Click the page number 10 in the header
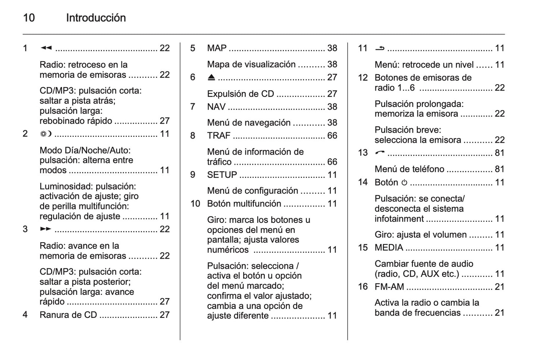pos(29,18)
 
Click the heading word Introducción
pos(96,18)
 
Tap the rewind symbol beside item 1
pos(46,48)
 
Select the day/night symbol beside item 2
pos(46,134)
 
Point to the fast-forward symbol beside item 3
pos(46,229)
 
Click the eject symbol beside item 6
pos(211,78)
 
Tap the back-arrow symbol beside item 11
pos(380,48)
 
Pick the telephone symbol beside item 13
pos(380,153)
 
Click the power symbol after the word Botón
pos(404,183)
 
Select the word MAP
pos(217,48)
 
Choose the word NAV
pos(216,107)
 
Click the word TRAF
pos(219,136)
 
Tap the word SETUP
pos(222,175)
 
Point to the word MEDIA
pos(389,248)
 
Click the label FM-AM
pos(389,287)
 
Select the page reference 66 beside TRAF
pos(332,136)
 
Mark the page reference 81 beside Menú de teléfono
pos(499,169)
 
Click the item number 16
pos(363,287)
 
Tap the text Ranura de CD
pos(68,315)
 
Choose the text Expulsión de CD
pos(241,94)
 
